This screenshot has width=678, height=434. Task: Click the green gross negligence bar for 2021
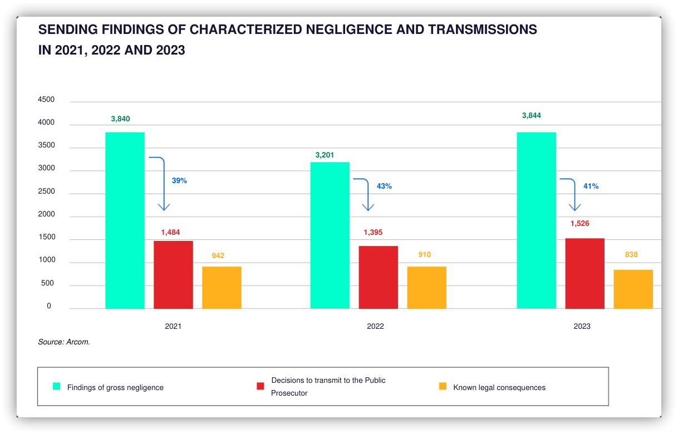point(125,220)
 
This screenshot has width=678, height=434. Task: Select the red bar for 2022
point(379,277)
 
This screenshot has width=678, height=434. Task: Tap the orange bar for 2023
point(633,289)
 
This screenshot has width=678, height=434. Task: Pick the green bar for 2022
point(330,235)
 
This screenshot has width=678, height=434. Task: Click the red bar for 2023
point(585,274)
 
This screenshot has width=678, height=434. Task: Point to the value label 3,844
point(532,115)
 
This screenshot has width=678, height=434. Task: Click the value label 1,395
point(373,232)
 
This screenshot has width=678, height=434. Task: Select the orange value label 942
point(218,255)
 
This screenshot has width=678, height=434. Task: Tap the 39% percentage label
point(179,180)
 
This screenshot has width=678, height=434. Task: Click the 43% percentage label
point(384,186)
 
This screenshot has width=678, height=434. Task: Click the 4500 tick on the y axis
point(46,99)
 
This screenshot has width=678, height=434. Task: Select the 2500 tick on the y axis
point(46,191)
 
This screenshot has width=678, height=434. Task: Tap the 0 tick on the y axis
point(49,305)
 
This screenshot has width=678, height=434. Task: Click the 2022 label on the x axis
point(375,326)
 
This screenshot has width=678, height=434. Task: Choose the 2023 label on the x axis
point(582,326)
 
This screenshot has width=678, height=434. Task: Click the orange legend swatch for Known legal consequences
point(443,386)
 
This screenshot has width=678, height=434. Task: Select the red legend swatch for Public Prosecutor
point(261,386)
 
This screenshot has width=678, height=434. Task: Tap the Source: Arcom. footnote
point(64,342)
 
